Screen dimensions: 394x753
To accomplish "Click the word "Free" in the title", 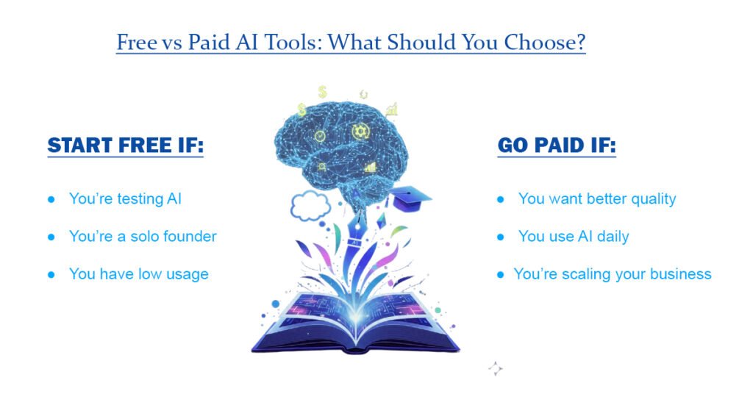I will (x=136, y=43).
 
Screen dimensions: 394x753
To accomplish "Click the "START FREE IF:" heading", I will (x=125, y=146).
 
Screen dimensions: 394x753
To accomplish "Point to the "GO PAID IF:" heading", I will (x=557, y=146).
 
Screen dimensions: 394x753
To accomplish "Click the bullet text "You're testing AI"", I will (x=125, y=198).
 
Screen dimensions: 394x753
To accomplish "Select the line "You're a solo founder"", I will (x=143, y=237).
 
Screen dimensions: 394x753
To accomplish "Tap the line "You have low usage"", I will (x=138, y=274).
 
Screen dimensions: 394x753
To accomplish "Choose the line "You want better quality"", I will (x=596, y=198).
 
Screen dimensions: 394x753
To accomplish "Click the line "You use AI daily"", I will (x=574, y=237).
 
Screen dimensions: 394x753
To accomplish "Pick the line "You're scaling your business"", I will (x=613, y=274).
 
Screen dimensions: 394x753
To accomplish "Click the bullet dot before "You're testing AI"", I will (x=51, y=199).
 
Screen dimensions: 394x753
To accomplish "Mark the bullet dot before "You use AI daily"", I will (x=501, y=237).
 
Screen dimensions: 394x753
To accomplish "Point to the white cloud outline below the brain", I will (x=310, y=207).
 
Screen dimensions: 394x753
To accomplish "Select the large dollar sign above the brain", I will (x=322, y=93).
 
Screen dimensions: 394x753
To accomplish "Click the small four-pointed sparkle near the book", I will (x=495, y=369).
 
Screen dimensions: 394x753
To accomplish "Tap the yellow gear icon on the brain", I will (x=360, y=132).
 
